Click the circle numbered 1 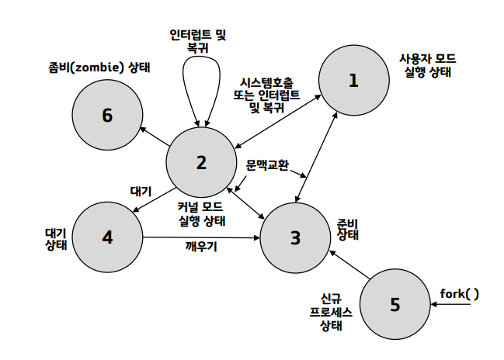coord(354,80)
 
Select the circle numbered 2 coord(201,162)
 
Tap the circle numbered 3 coord(295,237)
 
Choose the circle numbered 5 coord(395,303)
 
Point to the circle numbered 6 coord(107,116)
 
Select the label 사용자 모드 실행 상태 coord(428,65)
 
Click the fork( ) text coord(459,293)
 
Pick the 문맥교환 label coord(266,165)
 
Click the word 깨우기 coord(200,246)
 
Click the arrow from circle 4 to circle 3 coord(200,237)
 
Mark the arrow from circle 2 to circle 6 coord(155,136)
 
